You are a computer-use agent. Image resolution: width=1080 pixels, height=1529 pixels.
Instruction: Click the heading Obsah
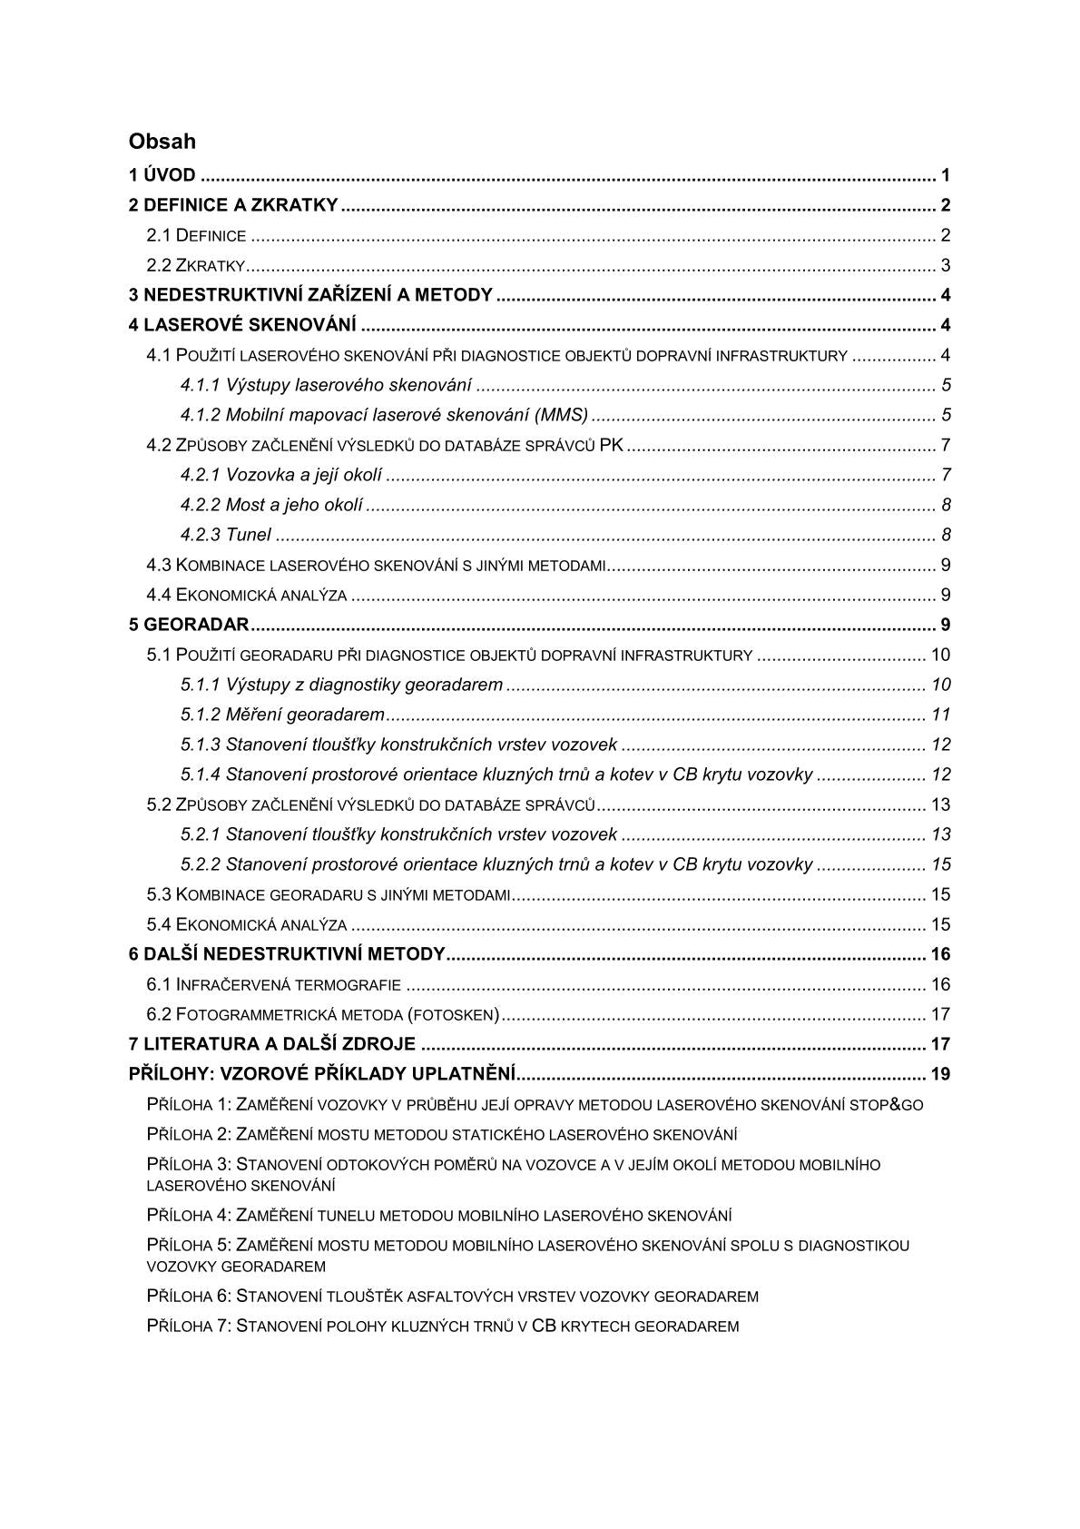(162, 142)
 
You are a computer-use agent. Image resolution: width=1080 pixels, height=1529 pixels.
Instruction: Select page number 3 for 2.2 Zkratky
(945, 266)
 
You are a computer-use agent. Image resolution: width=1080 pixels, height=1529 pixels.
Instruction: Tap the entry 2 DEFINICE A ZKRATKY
(233, 206)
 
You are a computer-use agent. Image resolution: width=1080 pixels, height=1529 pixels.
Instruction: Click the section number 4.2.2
(201, 506)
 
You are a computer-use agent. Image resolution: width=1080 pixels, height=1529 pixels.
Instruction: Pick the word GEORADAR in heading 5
(196, 626)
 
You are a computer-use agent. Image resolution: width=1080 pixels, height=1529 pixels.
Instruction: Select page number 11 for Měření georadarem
(940, 715)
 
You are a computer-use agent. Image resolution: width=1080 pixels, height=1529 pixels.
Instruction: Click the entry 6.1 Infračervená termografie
(274, 985)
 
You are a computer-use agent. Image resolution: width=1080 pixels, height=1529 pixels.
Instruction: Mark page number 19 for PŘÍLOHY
(940, 1075)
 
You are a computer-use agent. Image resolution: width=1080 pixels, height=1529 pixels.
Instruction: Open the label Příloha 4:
(189, 1216)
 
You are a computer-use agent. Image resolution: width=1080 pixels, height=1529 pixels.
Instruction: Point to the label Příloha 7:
(189, 1327)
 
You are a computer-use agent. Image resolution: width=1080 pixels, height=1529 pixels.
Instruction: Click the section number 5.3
(159, 895)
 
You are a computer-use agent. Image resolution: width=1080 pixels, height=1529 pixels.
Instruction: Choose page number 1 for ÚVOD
(945, 176)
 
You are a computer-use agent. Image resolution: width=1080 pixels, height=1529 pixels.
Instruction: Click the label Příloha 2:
(189, 1135)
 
